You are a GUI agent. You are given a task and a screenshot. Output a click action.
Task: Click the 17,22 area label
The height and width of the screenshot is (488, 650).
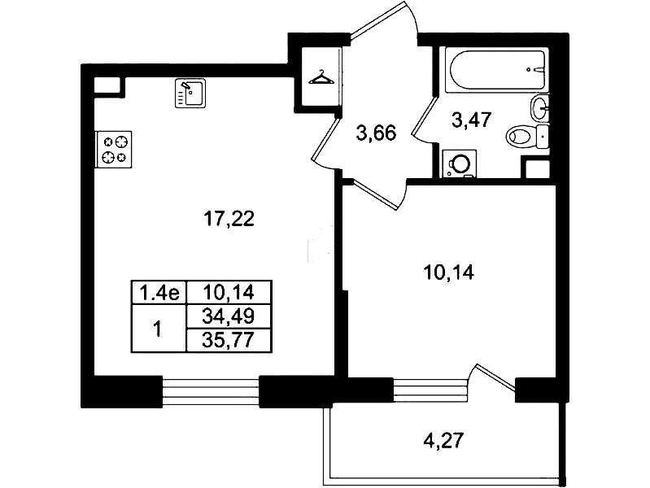229,219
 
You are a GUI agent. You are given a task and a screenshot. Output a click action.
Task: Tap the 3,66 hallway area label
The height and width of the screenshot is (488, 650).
377,133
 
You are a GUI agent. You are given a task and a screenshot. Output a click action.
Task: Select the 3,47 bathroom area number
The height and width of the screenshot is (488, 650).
471,120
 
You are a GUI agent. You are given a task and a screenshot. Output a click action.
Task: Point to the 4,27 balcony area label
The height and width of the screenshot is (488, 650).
443,440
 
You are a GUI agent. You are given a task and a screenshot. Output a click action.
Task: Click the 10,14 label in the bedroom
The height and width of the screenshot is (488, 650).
448,272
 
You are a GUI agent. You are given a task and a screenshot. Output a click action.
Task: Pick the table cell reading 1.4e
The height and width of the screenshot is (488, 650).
159,293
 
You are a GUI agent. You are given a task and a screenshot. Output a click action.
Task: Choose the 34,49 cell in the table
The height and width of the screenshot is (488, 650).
229,317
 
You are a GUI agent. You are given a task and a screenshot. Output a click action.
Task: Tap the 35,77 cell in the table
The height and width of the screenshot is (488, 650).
229,341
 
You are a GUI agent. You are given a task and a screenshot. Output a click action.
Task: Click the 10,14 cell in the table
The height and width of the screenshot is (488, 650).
229,293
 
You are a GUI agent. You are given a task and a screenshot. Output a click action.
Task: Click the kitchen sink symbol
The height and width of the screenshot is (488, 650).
190,94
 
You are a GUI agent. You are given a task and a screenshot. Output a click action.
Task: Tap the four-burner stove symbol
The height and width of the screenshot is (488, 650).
114,150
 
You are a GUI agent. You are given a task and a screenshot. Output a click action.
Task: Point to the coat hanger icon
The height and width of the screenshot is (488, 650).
321,78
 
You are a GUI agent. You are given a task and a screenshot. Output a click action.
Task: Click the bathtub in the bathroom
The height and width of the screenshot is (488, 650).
496,70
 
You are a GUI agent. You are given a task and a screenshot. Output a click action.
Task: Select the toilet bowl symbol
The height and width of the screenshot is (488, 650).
526,136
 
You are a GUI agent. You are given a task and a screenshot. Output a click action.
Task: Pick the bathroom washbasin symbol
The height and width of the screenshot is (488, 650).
539,108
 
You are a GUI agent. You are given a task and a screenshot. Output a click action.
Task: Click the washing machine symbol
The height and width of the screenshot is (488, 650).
460,163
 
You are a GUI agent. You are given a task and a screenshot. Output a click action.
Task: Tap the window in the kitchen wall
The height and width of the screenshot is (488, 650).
211,391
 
